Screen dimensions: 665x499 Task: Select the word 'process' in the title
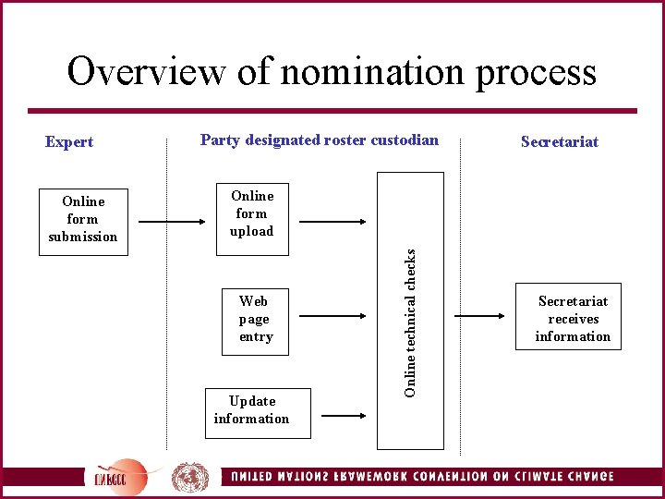[536, 71]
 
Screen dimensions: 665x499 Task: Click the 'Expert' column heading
[69, 141]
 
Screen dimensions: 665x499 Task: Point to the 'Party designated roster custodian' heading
[320, 140]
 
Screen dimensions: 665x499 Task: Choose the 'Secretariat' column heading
[560, 141]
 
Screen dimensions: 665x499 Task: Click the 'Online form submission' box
[83, 219]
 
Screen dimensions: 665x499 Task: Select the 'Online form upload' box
[252, 213]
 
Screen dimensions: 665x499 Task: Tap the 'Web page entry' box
[254, 319]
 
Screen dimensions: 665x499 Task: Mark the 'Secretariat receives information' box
[573, 319]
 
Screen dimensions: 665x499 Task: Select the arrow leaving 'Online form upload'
[333, 222]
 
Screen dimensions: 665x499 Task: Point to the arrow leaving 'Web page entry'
[333, 315]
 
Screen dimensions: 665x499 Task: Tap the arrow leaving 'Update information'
[344, 416]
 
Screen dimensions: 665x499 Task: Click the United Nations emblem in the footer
[190, 478]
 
